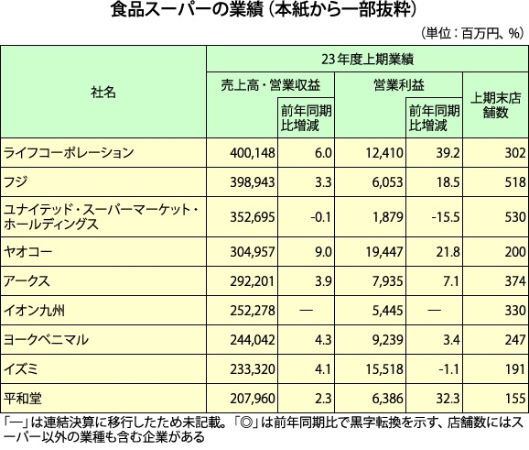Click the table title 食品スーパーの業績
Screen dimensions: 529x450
coord(187,10)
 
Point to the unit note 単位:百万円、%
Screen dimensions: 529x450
coord(472,33)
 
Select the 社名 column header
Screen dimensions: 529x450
coord(103,92)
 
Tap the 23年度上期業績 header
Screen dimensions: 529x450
coord(367,60)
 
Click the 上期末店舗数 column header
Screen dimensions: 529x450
coord(495,105)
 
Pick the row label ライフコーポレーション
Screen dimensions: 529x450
coord(69,153)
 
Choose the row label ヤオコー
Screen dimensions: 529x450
coord(27,252)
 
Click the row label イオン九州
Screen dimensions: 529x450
coord(34,310)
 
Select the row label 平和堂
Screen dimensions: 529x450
coord(23,399)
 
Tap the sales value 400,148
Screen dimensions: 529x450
coord(253,153)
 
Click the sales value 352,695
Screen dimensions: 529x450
coord(253,217)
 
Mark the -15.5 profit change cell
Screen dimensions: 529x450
coord(446,217)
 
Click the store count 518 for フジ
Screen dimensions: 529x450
coord(515,182)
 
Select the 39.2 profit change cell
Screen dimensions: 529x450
coord(448,153)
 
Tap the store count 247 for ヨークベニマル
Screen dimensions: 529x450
coord(515,339)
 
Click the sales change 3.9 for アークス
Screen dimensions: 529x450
coord(323,281)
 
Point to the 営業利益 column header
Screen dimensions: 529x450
coord(398,85)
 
